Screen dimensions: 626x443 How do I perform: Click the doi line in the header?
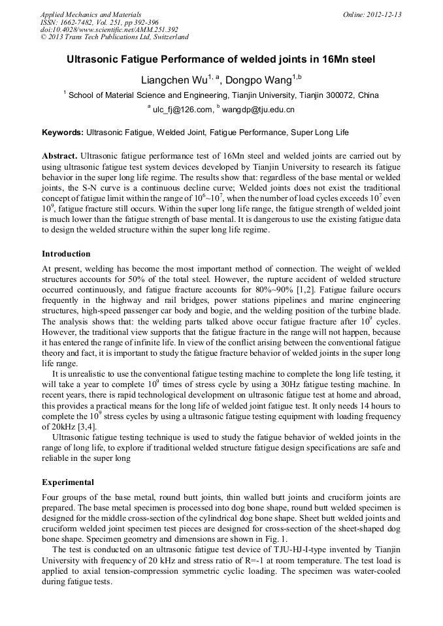point(109,30)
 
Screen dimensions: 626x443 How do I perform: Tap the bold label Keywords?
point(63,133)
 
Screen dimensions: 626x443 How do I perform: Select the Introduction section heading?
point(66,254)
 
